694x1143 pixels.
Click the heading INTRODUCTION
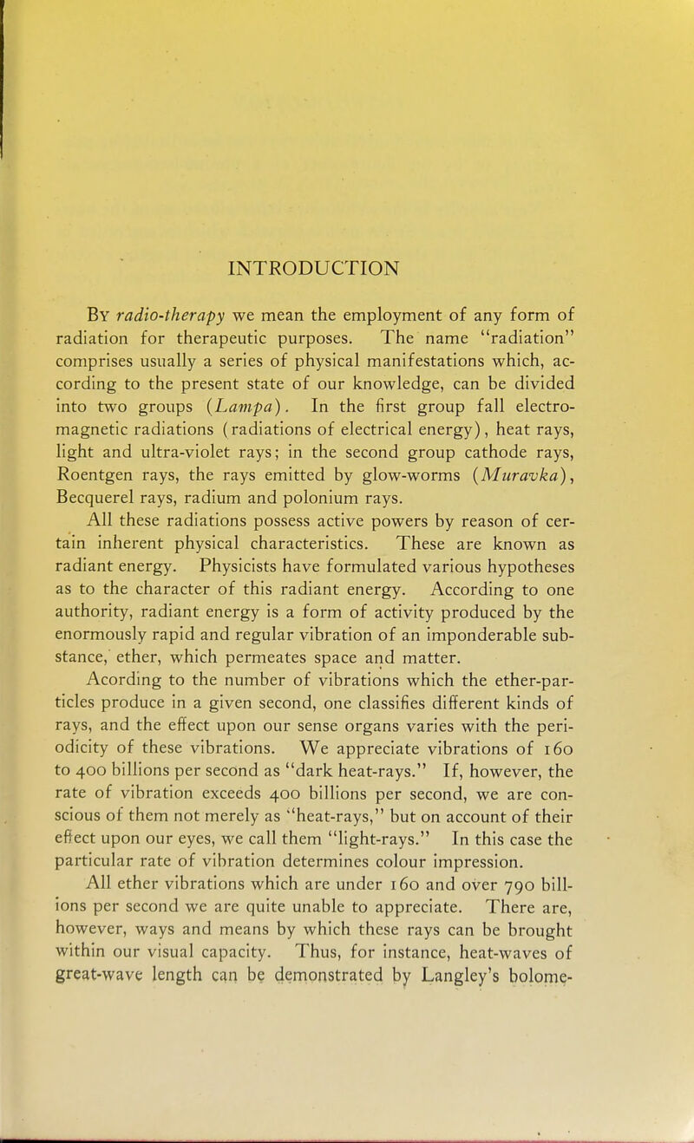[x=317, y=264]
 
